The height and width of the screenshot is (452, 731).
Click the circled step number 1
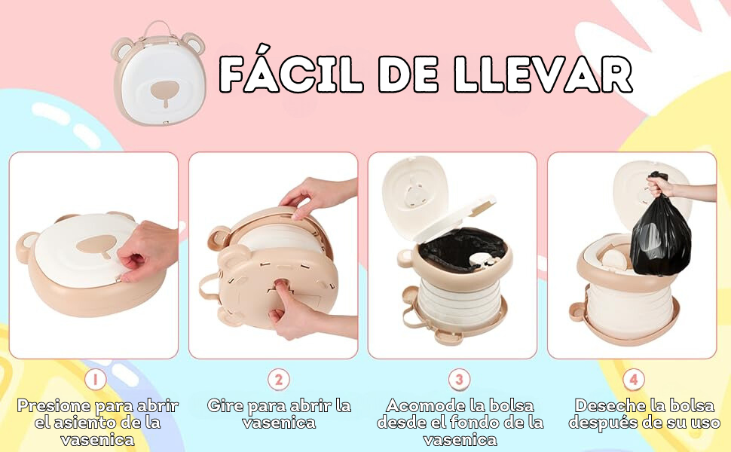[96, 380]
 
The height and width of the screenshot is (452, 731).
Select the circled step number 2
[279, 380]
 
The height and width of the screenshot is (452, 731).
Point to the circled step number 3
[459, 380]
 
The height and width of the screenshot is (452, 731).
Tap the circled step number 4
[634, 380]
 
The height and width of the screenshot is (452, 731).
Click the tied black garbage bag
[661, 228]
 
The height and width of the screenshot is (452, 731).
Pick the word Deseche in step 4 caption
[607, 405]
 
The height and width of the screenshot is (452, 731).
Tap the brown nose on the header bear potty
[166, 92]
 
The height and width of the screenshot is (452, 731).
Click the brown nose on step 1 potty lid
[97, 245]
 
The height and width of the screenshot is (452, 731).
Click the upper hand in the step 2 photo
[318, 196]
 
